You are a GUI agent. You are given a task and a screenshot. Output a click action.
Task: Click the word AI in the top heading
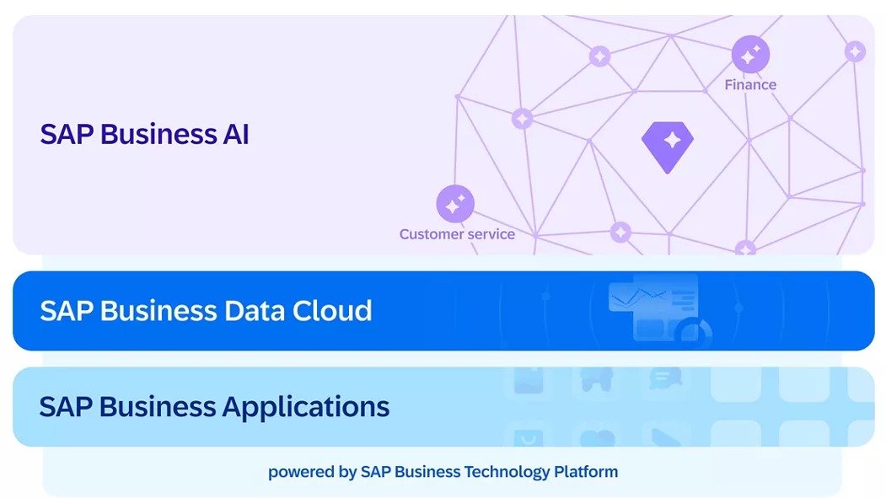(235, 135)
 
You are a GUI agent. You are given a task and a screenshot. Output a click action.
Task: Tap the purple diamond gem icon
(668, 145)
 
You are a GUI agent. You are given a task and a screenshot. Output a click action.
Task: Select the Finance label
(750, 85)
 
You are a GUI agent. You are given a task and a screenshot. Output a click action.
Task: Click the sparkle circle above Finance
(749, 54)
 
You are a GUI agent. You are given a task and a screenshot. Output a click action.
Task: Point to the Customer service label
(457, 234)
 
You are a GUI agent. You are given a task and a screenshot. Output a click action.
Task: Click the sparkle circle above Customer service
(455, 204)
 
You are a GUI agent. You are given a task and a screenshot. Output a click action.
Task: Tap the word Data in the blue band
(255, 311)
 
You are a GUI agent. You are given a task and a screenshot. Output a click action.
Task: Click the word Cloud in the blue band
(332, 311)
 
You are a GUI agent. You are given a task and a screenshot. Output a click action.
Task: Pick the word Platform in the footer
(586, 472)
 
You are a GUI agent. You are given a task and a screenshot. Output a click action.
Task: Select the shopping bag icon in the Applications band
(528, 437)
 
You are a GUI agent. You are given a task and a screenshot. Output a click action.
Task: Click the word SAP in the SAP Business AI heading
(67, 135)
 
